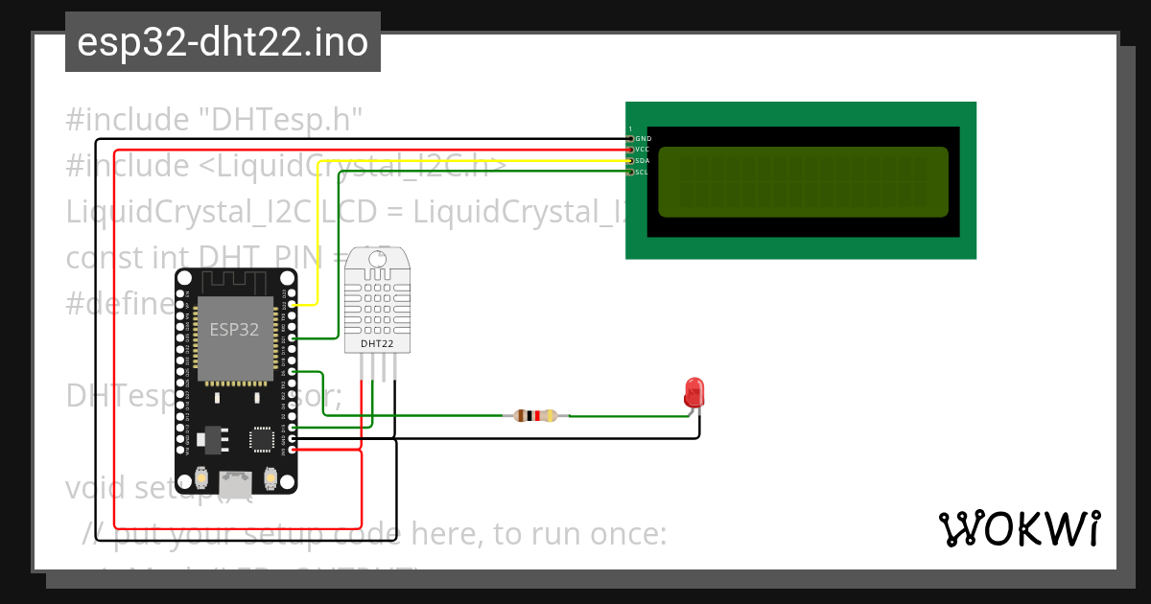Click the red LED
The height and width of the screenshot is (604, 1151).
693,392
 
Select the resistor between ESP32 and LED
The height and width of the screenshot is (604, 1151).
536,416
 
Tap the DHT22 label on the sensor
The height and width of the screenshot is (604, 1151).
377,342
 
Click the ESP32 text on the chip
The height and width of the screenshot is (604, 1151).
234,329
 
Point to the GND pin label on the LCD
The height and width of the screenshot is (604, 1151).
643,139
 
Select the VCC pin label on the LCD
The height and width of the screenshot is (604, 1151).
643,150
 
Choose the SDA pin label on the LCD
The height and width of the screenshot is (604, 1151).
643,161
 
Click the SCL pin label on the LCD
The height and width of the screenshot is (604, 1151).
643,173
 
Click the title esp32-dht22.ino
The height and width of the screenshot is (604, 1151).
223,43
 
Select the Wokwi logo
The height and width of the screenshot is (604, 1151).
1019,528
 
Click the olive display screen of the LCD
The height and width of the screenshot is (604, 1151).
803,181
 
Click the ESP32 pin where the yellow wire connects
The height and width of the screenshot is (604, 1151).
292,305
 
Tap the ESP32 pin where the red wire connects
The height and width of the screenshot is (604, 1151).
292,449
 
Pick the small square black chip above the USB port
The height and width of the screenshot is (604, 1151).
261,439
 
